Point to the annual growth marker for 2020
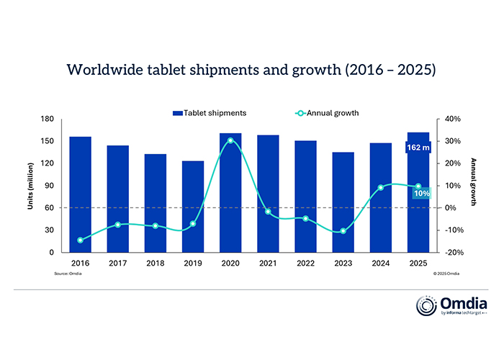point(230,140)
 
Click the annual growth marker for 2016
point(80,240)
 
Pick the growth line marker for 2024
point(381,188)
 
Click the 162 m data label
point(418,148)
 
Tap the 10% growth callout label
point(420,193)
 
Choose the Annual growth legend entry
point(328,113)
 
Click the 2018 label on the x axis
point(155,264)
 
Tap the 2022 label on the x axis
point(305,264)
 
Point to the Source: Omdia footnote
point(66,274)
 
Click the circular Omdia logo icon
point(426,305)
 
